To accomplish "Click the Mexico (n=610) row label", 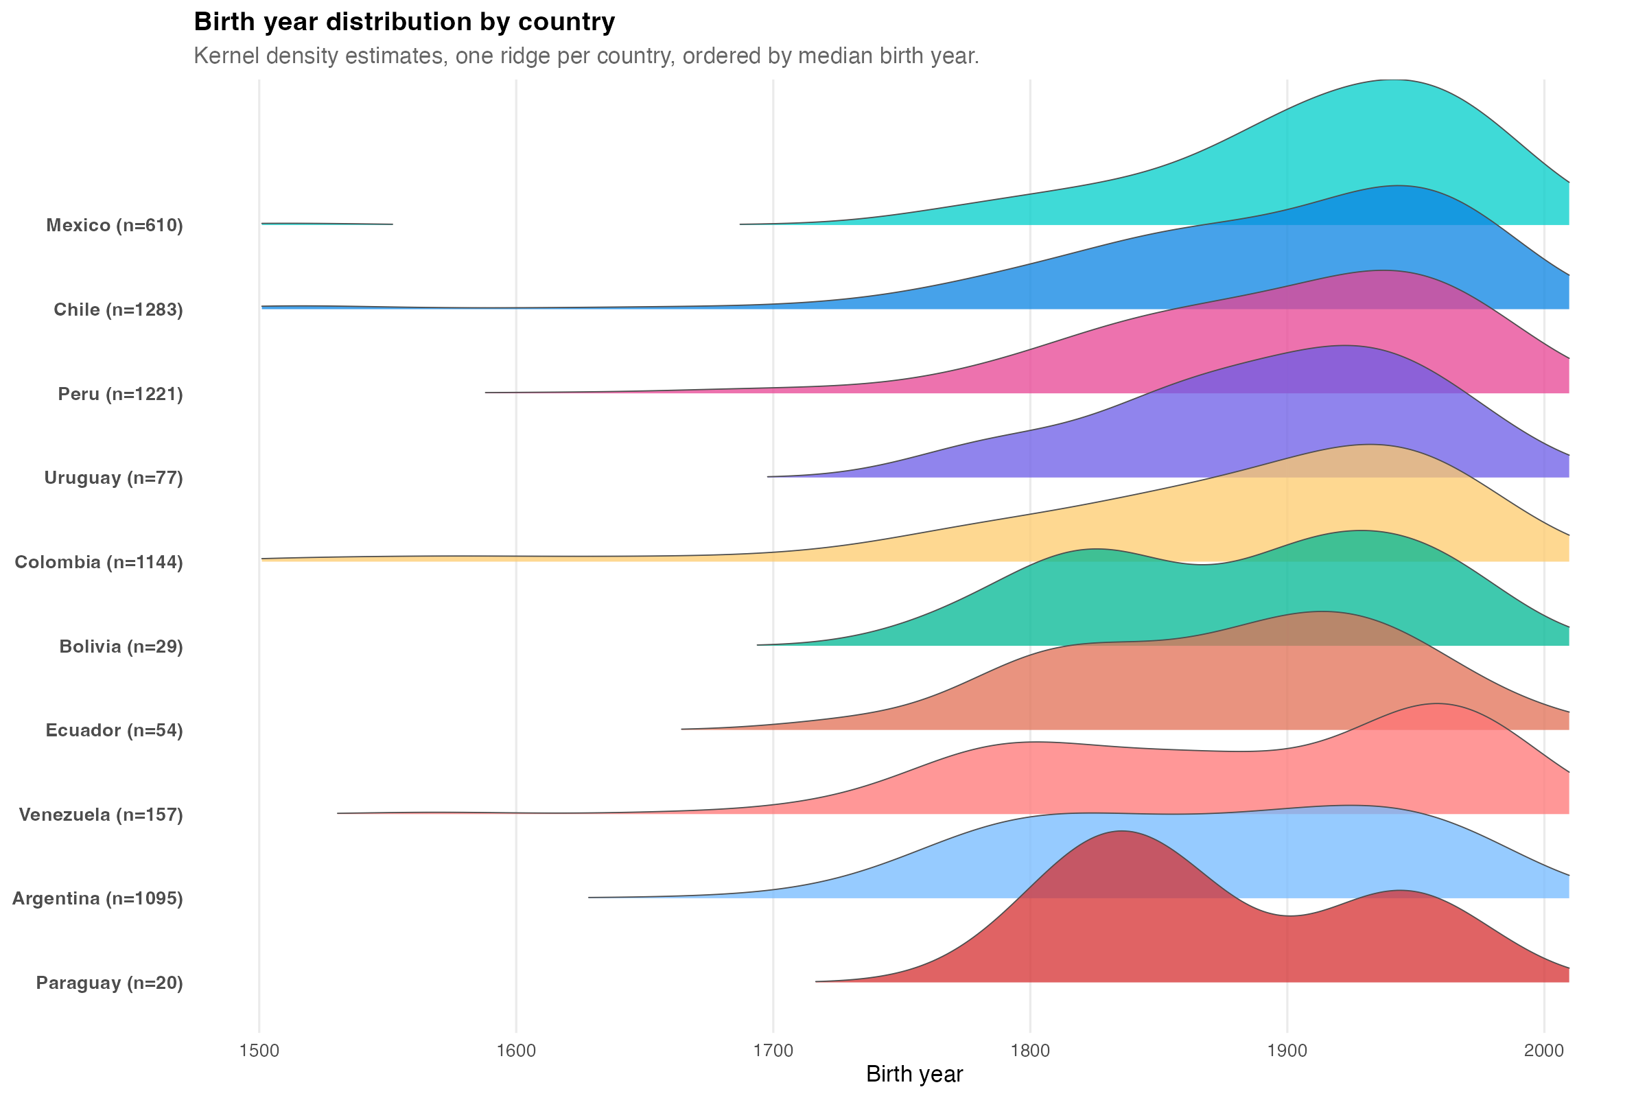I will (115, 226).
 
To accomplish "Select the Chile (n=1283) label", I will (118, 309).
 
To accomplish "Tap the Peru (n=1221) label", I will (121, 393).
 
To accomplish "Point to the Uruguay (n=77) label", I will (113, 478).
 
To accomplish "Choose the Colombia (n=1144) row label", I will (99, 561).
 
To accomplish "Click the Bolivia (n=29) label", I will (121, 646).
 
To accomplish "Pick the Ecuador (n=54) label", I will (114, 730).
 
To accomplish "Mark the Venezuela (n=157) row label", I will (101, 815).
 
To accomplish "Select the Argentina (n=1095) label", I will (97, 898).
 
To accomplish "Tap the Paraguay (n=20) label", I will (109, 983).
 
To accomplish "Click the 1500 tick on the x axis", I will (259, 1051).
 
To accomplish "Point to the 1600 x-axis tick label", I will (516, 1051).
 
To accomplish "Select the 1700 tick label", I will (773, 1051).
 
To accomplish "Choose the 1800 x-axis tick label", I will (1030, 1051).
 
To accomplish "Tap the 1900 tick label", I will (1287, 1051).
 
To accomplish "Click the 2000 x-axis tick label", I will (1544, 1051).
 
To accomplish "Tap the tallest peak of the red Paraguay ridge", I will (1123, 832).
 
